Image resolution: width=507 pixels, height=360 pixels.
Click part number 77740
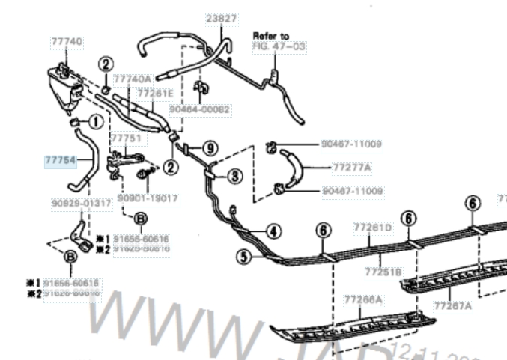point(67,43)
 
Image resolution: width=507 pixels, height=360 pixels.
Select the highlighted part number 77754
point(59,159)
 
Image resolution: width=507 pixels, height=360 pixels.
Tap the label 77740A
point(132,78)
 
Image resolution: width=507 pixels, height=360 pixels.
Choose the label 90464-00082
point(199,109)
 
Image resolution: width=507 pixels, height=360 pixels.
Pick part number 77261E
point(154,93)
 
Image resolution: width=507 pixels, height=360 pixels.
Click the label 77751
point(124,139)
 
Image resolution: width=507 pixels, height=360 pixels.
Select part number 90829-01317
point(82,203)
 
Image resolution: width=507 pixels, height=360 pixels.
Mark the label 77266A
point(362,299)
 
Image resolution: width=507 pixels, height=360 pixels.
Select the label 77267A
point(452,305)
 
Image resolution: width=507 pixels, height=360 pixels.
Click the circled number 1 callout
point(96,121)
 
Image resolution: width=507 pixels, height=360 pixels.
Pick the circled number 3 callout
point(235,177)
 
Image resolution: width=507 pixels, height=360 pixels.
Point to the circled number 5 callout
point(243,257)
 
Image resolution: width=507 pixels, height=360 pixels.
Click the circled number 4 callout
point(273,231)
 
